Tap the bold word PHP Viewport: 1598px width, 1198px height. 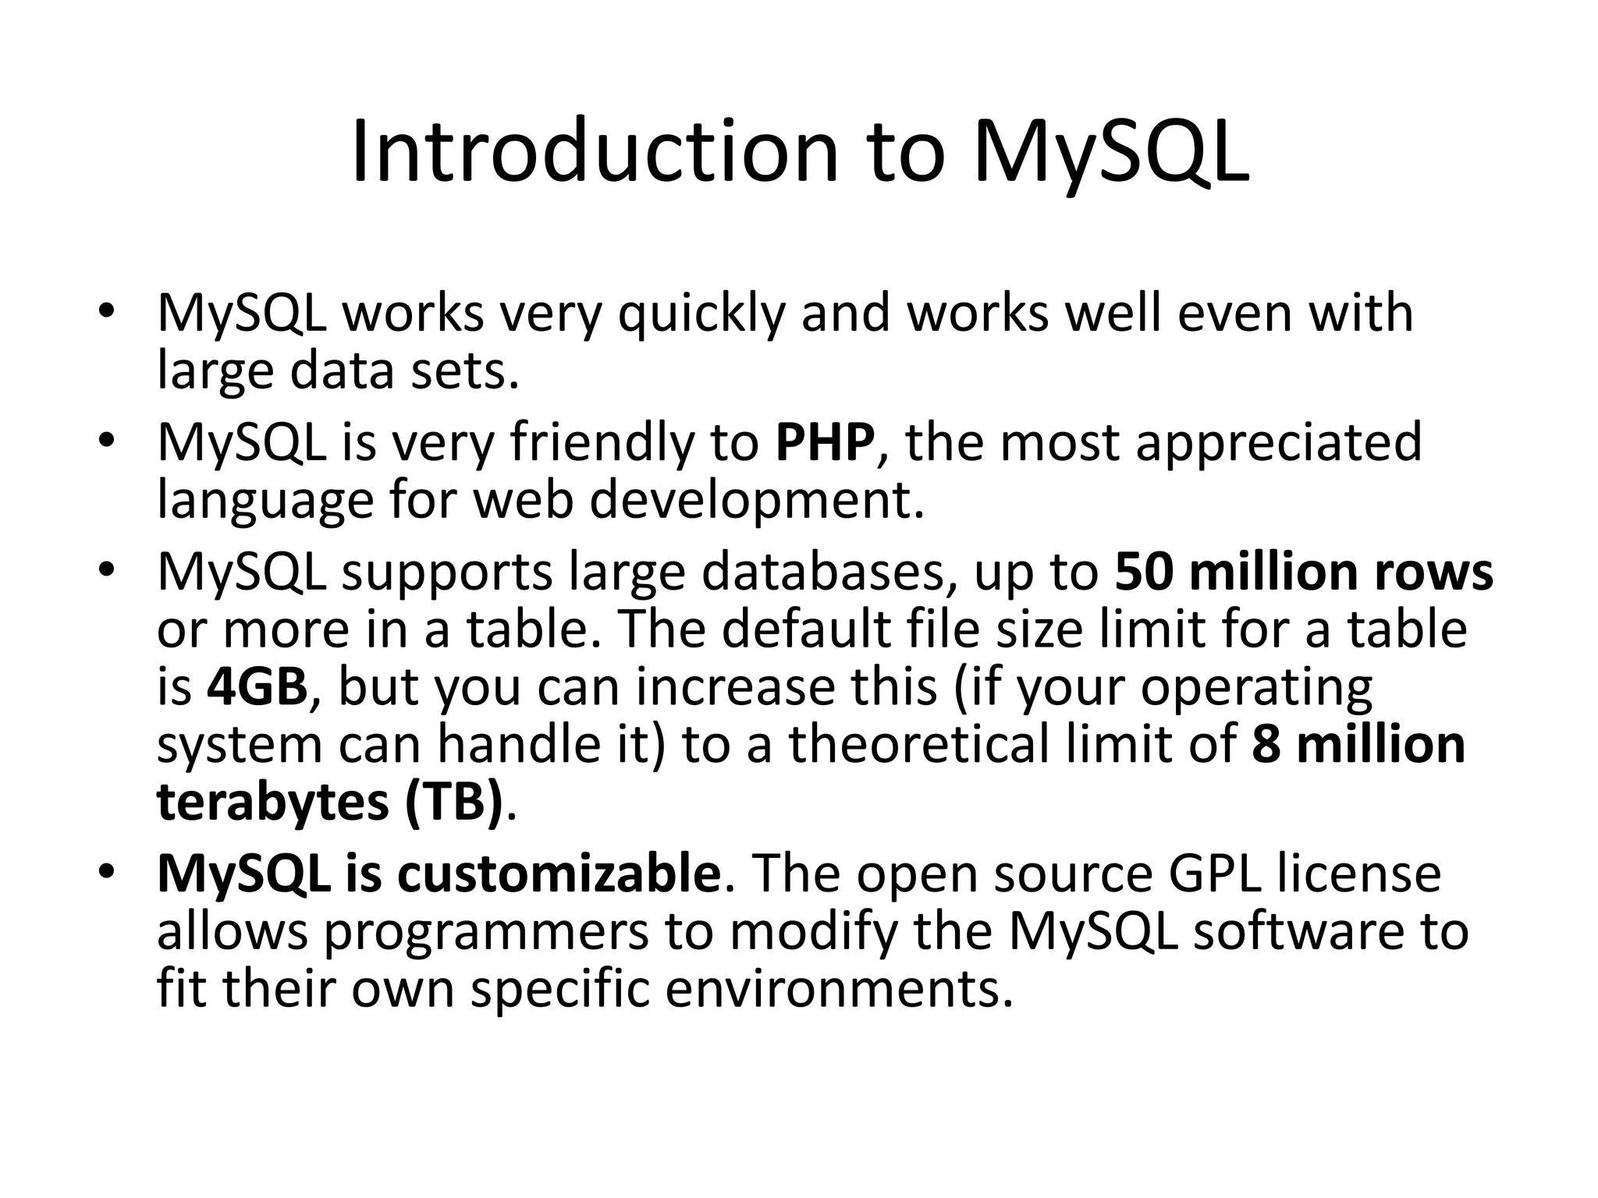[x=825, y=442]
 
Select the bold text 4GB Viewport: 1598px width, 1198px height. [x=257, y=687]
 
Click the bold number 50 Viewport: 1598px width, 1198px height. [x=1144, y=572]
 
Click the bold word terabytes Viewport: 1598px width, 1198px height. [x=272, y=802]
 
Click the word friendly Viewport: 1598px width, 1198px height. [x=601, y=442]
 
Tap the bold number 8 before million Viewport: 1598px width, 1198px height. [x=1265, y=744]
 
